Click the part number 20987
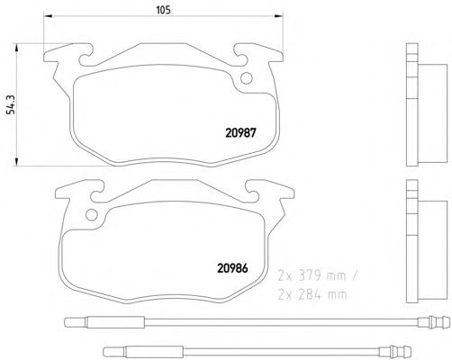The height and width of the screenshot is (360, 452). point(240,132)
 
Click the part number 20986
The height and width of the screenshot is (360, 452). point(232,268)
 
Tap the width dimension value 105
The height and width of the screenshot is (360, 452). point(163,10)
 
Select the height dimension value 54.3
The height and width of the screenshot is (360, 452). point(11,104)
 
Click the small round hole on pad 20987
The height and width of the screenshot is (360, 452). point(247,78)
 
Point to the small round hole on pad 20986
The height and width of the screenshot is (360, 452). point(92,215)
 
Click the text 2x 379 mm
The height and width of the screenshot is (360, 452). point(312,275)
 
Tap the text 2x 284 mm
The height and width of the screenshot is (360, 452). point(312,295)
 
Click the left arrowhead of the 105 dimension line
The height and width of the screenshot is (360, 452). point(48,15)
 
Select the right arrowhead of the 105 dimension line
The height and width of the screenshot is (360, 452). point(279,15)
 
